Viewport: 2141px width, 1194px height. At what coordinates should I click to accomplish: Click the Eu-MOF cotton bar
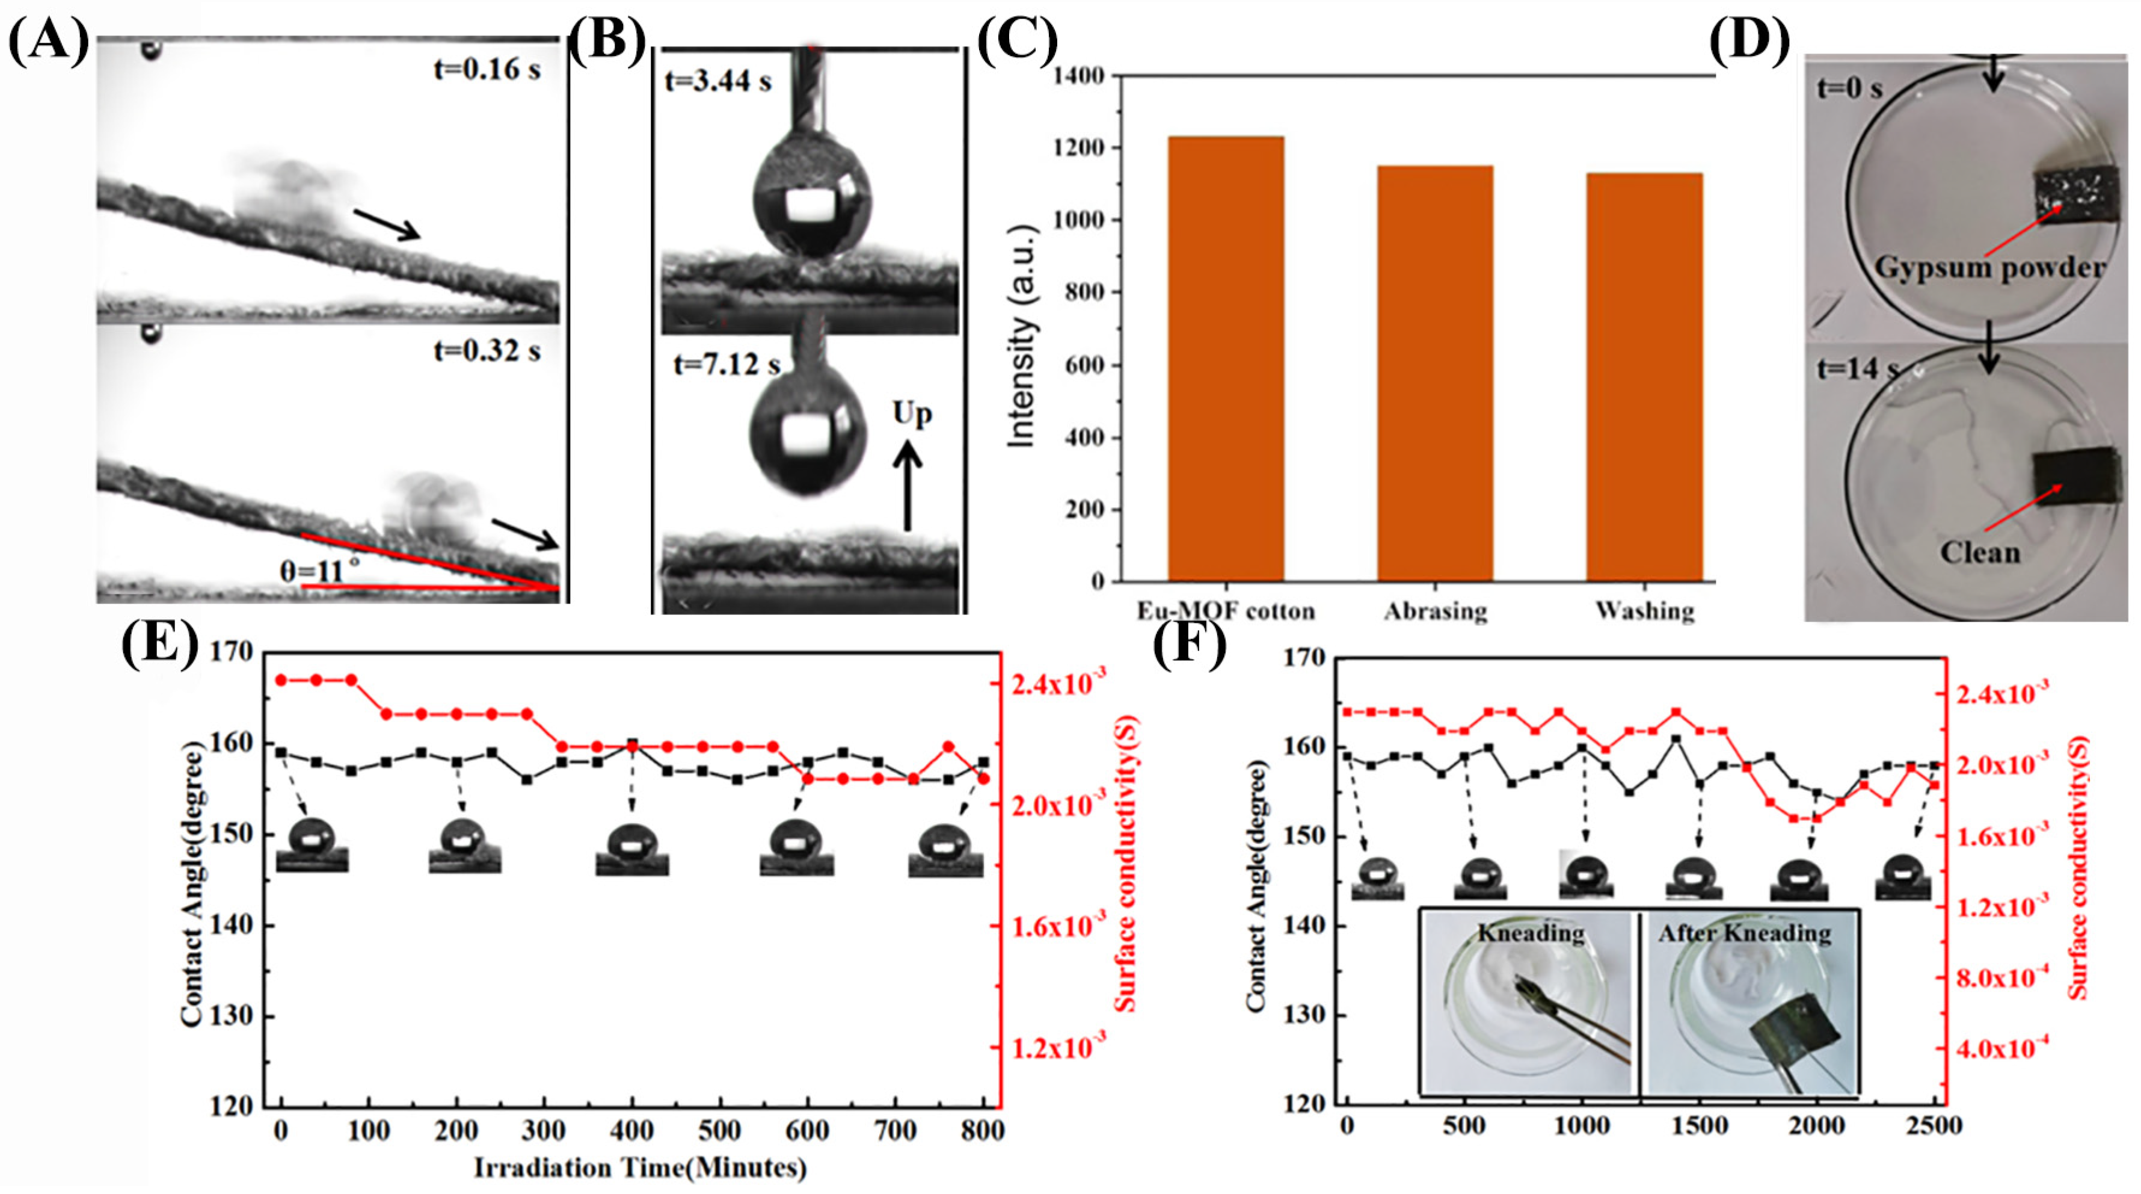click(1226, 357)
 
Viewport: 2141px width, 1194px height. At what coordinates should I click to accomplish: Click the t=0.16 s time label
click(487, 69)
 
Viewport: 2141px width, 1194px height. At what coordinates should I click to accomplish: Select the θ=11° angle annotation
click(321, 571)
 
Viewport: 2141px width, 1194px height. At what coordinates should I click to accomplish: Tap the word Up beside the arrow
click(912, 413)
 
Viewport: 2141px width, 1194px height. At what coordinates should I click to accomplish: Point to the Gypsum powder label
click(1989, 268)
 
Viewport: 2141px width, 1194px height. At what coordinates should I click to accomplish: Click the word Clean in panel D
click(1980, 553)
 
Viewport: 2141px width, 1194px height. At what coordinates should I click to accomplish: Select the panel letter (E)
click(159, 643)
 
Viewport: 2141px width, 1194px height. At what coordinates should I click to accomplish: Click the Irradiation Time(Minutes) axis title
click(640, 1168)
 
